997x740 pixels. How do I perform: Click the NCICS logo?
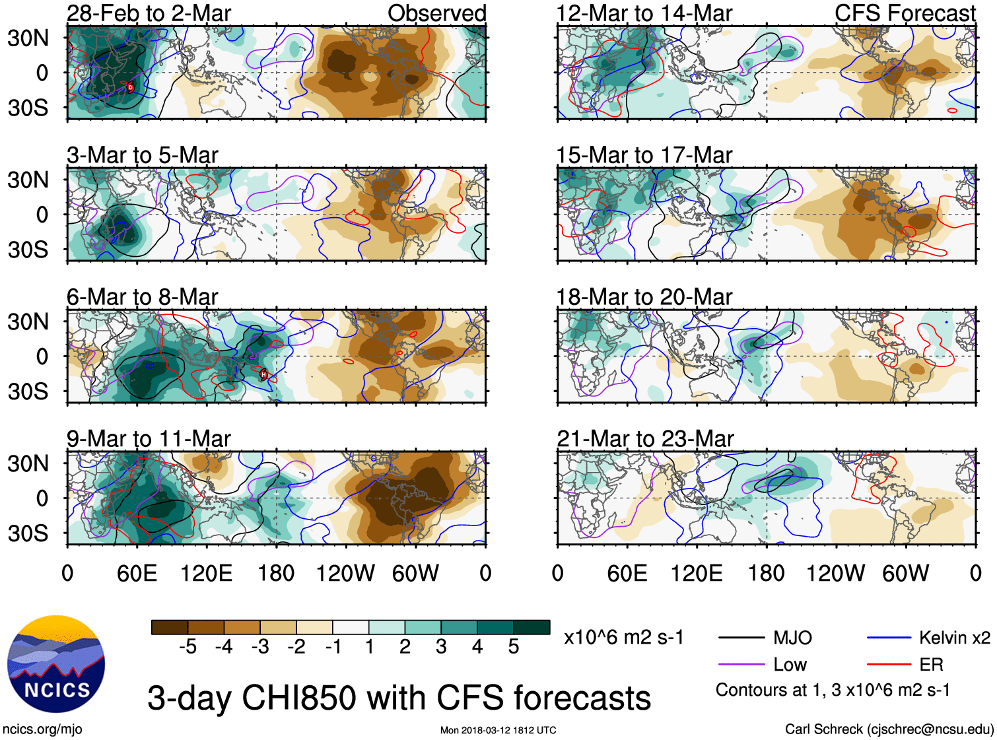pyautogui.click(x=56, y=664)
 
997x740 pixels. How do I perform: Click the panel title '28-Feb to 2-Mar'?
pyautogui.click(x=149, y=13)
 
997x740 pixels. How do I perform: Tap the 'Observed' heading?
pyautogui.click(x=436, y=13)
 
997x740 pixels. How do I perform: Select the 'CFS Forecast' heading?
pyautogui.click(x=905, y=13)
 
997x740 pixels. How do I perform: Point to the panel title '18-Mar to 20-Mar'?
pyautogui.click(x=644, y=297)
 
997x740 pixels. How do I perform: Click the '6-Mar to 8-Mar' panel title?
pyautogui.click(x=142, y=297)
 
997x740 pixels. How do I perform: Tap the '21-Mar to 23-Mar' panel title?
pyautogui.click(x=645, y=439)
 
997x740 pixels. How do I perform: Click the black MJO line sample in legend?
pyautogui.click(x=741, y=638)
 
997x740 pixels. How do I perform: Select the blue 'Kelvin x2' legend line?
pyautogui.click(x=889, y=638)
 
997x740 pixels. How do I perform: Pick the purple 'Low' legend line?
pyautogui.click(x=741, y=665)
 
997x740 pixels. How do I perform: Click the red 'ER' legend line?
pyautogui.click(x=889, y=665)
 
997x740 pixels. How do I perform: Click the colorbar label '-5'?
pyautogui.click(x=188, y=647)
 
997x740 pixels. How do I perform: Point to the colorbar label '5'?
pyautogui.click(x=514, y=647)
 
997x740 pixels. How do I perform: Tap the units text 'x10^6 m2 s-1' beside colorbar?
pyautogui.click(x=623, y=638)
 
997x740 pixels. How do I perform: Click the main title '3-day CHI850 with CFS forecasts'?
pyautogui.click(x=399, y=698)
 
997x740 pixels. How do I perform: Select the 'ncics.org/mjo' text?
pyautogui.click(x=42, y=729)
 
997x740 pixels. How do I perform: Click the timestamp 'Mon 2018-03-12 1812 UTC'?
pyautogui.click(x=498, y=730)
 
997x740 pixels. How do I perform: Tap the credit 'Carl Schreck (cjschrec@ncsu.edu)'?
pyautogui.click(x=889, y=729)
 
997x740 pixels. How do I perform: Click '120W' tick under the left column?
pyautogui.click(x=345, y=573)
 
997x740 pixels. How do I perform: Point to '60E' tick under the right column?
pyautogui.click(x=627, y=573)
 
